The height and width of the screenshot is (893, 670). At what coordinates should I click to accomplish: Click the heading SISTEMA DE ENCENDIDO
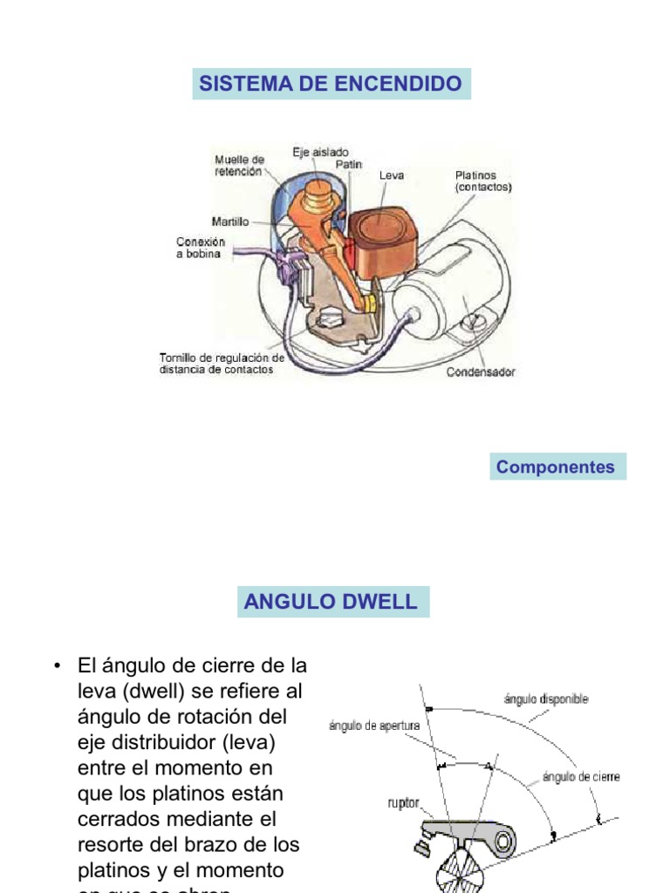click(x=331, y=84)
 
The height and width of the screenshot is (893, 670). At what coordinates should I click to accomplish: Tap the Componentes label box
click(x=556, y=467)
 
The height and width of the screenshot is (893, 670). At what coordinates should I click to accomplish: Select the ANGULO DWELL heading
click(x=332, y=602)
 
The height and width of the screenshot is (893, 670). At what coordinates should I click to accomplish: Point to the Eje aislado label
click(x=320, y=152)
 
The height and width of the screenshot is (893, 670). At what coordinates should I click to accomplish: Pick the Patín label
click(x=349, y=164)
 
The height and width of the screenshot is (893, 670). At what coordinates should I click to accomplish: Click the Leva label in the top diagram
click(x=392, y=175)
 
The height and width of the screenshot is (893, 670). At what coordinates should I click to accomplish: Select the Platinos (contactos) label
click(x=482, y=181)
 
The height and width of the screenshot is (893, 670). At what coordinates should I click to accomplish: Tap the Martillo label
click(x=229, y=222)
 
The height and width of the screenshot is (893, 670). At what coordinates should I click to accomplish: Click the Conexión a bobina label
click(x=200, y=248)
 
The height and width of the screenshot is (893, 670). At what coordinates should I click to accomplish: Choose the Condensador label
click(x=481, y=372)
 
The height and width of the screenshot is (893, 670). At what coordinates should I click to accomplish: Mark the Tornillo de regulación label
click(x=222, y=363)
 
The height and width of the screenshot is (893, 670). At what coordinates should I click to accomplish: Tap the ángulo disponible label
click(x=545, y=699)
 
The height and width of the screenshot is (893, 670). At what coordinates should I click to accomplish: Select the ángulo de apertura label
click(x=374, y=726)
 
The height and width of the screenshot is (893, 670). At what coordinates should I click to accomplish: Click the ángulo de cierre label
click(x=581, y=776)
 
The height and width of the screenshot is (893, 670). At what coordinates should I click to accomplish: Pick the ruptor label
click(x=403, y=801)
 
